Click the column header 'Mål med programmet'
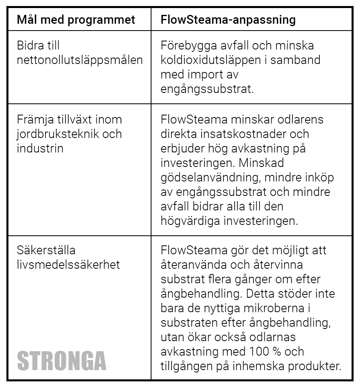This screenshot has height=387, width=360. click(76, 20)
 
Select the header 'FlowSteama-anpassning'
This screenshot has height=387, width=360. click(228, 20)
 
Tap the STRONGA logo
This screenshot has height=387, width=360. click(62, 360)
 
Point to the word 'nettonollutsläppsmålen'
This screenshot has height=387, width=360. click(80, 60)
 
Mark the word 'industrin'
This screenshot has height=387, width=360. click(40, 148)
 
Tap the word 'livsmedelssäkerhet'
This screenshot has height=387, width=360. click(68, 265)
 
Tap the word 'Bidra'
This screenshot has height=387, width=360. click(30, 46)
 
